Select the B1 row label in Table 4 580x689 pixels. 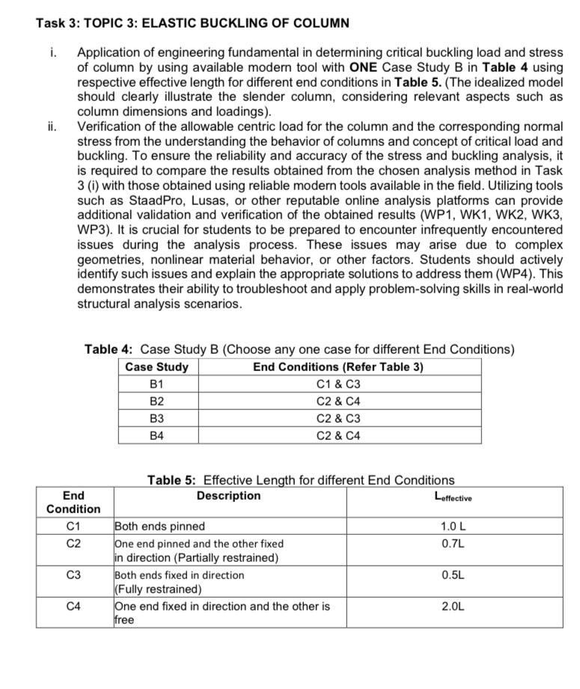coord(156,384)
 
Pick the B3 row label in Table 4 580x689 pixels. coord(156,418)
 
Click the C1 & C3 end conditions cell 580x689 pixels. coord(338,384)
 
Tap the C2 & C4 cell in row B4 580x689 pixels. coord(338,435)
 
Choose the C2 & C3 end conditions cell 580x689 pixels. coord(338,418)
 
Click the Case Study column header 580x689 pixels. coord(156,367)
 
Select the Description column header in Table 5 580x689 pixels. coord(228,495)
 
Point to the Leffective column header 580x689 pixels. coord(453,497)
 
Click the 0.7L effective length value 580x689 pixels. coord(453,543)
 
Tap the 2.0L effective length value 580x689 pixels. coord(453,606)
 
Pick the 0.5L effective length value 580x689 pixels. coord(453,575)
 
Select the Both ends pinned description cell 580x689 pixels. coord(159,526)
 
